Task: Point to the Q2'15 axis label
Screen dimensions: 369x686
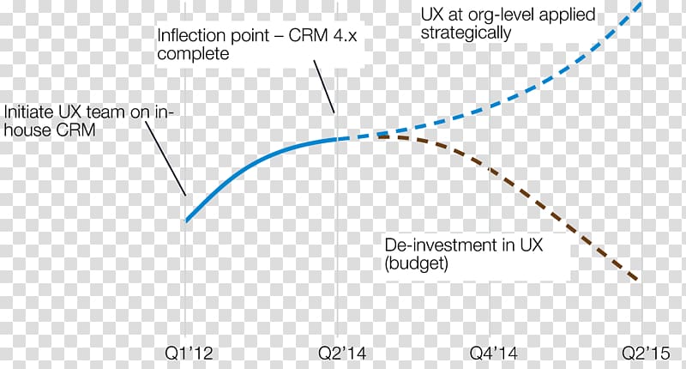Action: pos(646,353)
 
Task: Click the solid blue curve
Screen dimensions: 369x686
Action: pos(257,159)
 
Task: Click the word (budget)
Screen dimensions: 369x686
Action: pos(416,264)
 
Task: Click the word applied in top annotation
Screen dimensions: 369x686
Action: pos(567,15)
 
